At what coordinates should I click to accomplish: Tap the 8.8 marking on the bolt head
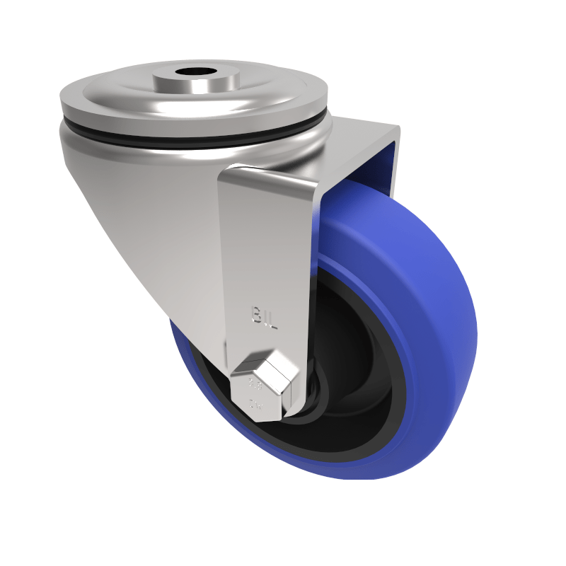click(255, 387)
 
